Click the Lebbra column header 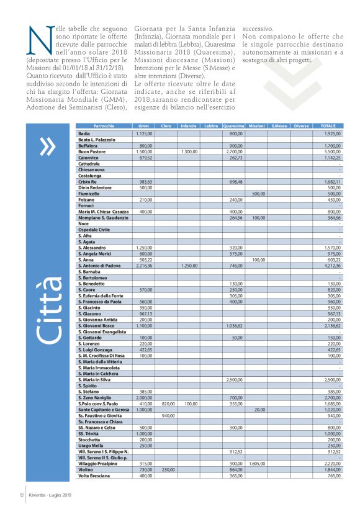point(210,125)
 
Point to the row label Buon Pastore point(92,151)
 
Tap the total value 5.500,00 point(332,151)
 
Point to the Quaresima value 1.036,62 point(233,325)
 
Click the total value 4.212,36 point(332,265)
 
